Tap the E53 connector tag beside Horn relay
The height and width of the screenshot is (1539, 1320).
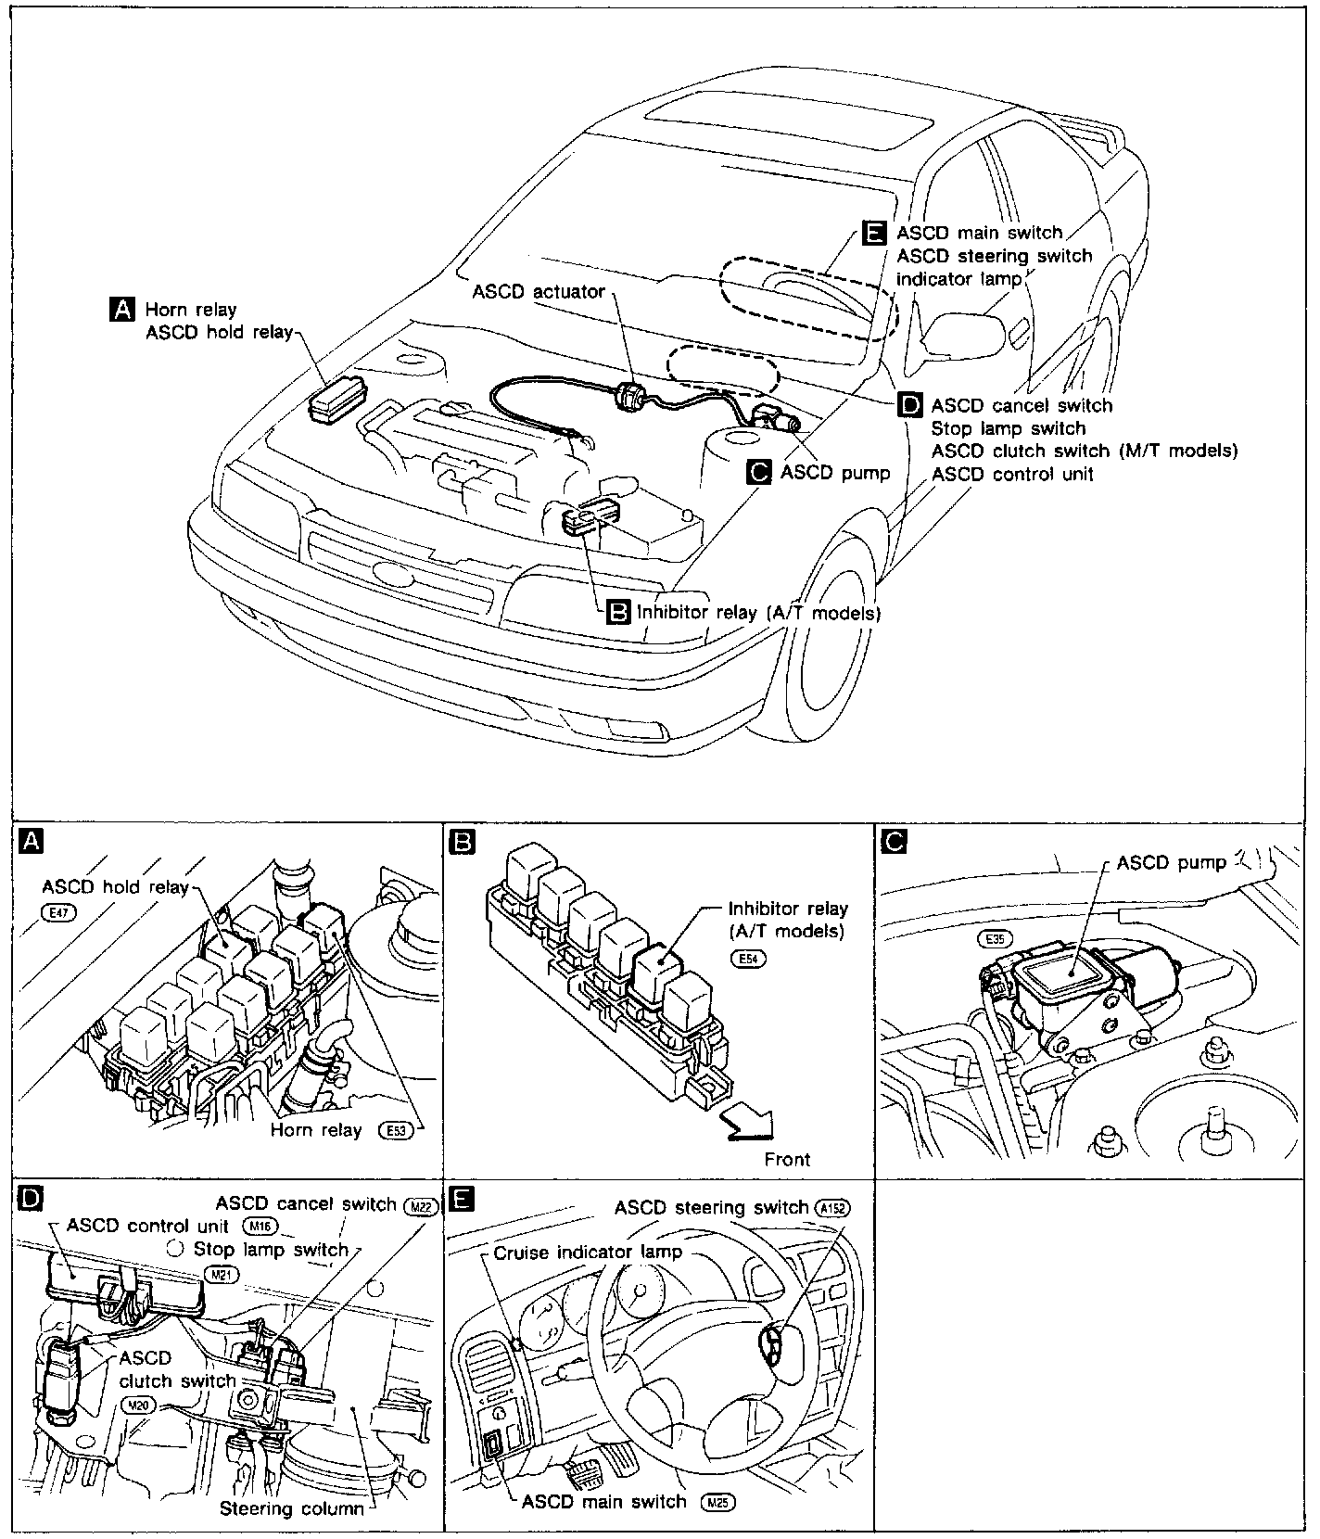tap(395, 1130)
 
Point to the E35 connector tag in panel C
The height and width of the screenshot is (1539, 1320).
tap(995, 938)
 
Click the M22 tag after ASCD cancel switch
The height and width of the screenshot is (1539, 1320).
tap(420, 1205)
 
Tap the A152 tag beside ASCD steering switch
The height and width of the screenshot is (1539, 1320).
tap(831, 1208)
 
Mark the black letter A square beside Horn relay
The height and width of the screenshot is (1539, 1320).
tap(122, 310)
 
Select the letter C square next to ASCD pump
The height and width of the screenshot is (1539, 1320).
tap(759, 473)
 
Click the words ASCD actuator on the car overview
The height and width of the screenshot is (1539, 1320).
tap(539, 292)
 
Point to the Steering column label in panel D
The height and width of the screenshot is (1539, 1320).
tap(291, 1508)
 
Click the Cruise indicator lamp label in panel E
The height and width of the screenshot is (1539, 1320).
tap(588, 1253)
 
